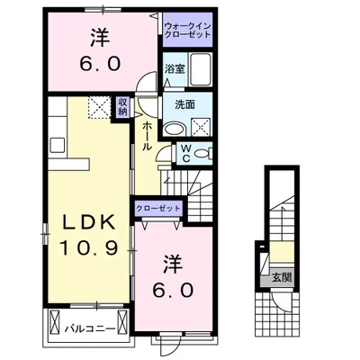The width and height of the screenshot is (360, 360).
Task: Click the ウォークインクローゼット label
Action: pyautogui.click(x=188, y=30)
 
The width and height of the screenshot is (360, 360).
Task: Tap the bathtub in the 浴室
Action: pyautogui.click(x=201, y=69)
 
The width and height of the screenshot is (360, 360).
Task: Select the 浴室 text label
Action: pyautogui.click(x=175, y=69)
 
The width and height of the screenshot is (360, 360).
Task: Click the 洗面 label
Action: pyautogui.click(x=185, y=104)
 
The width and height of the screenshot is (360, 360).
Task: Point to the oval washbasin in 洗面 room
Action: pyautogui.click(x=175, y=130)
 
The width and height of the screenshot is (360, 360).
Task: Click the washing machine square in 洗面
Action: pyautogui.click(x=201, y=128)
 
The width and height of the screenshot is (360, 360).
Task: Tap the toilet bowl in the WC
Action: pyautogui.click(x=202, y=154)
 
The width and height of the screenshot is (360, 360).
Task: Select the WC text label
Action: pyautogui.click(x=186, y=153)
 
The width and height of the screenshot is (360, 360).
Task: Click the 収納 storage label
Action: pyautogui.click(x=122, y=107)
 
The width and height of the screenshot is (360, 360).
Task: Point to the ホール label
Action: pyautogui.click(x=147, y=136)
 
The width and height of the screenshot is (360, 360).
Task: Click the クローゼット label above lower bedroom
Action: pyautogui.click(x=158, y=208)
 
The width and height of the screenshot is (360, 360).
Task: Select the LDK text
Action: pyautogui.click(x=89, y=222)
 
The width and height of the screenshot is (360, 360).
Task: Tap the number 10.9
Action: pyautogui.click(x=89, y=248)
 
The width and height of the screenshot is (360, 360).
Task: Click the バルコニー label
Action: pyautogui.click(x=90, y=329)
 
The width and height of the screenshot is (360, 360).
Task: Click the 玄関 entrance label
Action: pyautogui.click(x=282, y=277)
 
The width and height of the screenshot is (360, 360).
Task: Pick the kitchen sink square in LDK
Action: pyautogui.click(x=58, y=145)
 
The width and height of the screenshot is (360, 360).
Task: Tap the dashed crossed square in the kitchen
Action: pyautogui.click(x=99, y=107)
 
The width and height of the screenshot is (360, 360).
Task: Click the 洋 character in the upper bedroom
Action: pyautogui.click(x=100, y=38)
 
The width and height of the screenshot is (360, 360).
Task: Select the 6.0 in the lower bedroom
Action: pyautogui.click(x=172, y=290)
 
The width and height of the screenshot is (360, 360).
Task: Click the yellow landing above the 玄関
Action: pyautogui.click(x=282, y=252)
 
